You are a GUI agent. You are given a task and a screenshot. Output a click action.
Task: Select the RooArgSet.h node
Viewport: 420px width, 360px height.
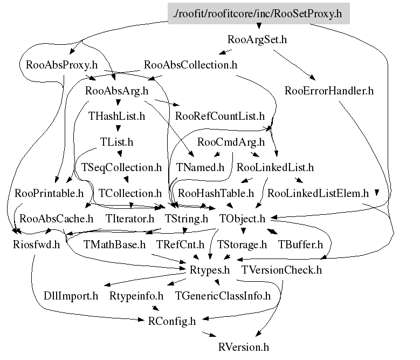(257, 39)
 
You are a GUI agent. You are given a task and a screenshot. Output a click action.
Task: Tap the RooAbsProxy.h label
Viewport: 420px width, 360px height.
(61, 65)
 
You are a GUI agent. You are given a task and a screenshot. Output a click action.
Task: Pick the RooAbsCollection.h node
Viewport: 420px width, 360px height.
(191, 65)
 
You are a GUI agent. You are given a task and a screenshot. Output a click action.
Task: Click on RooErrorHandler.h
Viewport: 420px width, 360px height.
(329, 90)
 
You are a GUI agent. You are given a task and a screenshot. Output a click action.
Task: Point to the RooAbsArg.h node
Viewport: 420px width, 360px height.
(116, 90)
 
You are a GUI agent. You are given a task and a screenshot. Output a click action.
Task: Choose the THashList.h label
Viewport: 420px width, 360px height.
(117, 116)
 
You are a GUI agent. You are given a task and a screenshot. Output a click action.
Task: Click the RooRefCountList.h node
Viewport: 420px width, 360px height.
(220, 116)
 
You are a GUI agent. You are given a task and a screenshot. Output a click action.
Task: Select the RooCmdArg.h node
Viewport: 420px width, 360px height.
(231, 142)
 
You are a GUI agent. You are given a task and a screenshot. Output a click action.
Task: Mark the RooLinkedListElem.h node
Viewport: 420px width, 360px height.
(318, 193)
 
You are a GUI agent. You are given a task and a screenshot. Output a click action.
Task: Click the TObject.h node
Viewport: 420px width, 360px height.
(243, 219)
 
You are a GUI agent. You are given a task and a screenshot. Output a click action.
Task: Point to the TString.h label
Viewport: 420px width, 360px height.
(186, 219)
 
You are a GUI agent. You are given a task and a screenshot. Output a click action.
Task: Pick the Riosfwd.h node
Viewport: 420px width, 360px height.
(36, 244)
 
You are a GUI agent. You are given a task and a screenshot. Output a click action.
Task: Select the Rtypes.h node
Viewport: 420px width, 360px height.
(210, 269)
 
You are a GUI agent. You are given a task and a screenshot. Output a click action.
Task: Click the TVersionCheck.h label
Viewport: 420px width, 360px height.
(281, 269)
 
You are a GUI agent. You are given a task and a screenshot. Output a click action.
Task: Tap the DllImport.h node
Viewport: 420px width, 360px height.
(71, 295)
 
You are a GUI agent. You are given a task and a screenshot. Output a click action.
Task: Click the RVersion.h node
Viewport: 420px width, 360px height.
(243, 347)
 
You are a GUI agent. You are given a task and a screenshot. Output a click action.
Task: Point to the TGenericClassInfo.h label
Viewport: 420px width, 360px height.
(223, 295)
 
